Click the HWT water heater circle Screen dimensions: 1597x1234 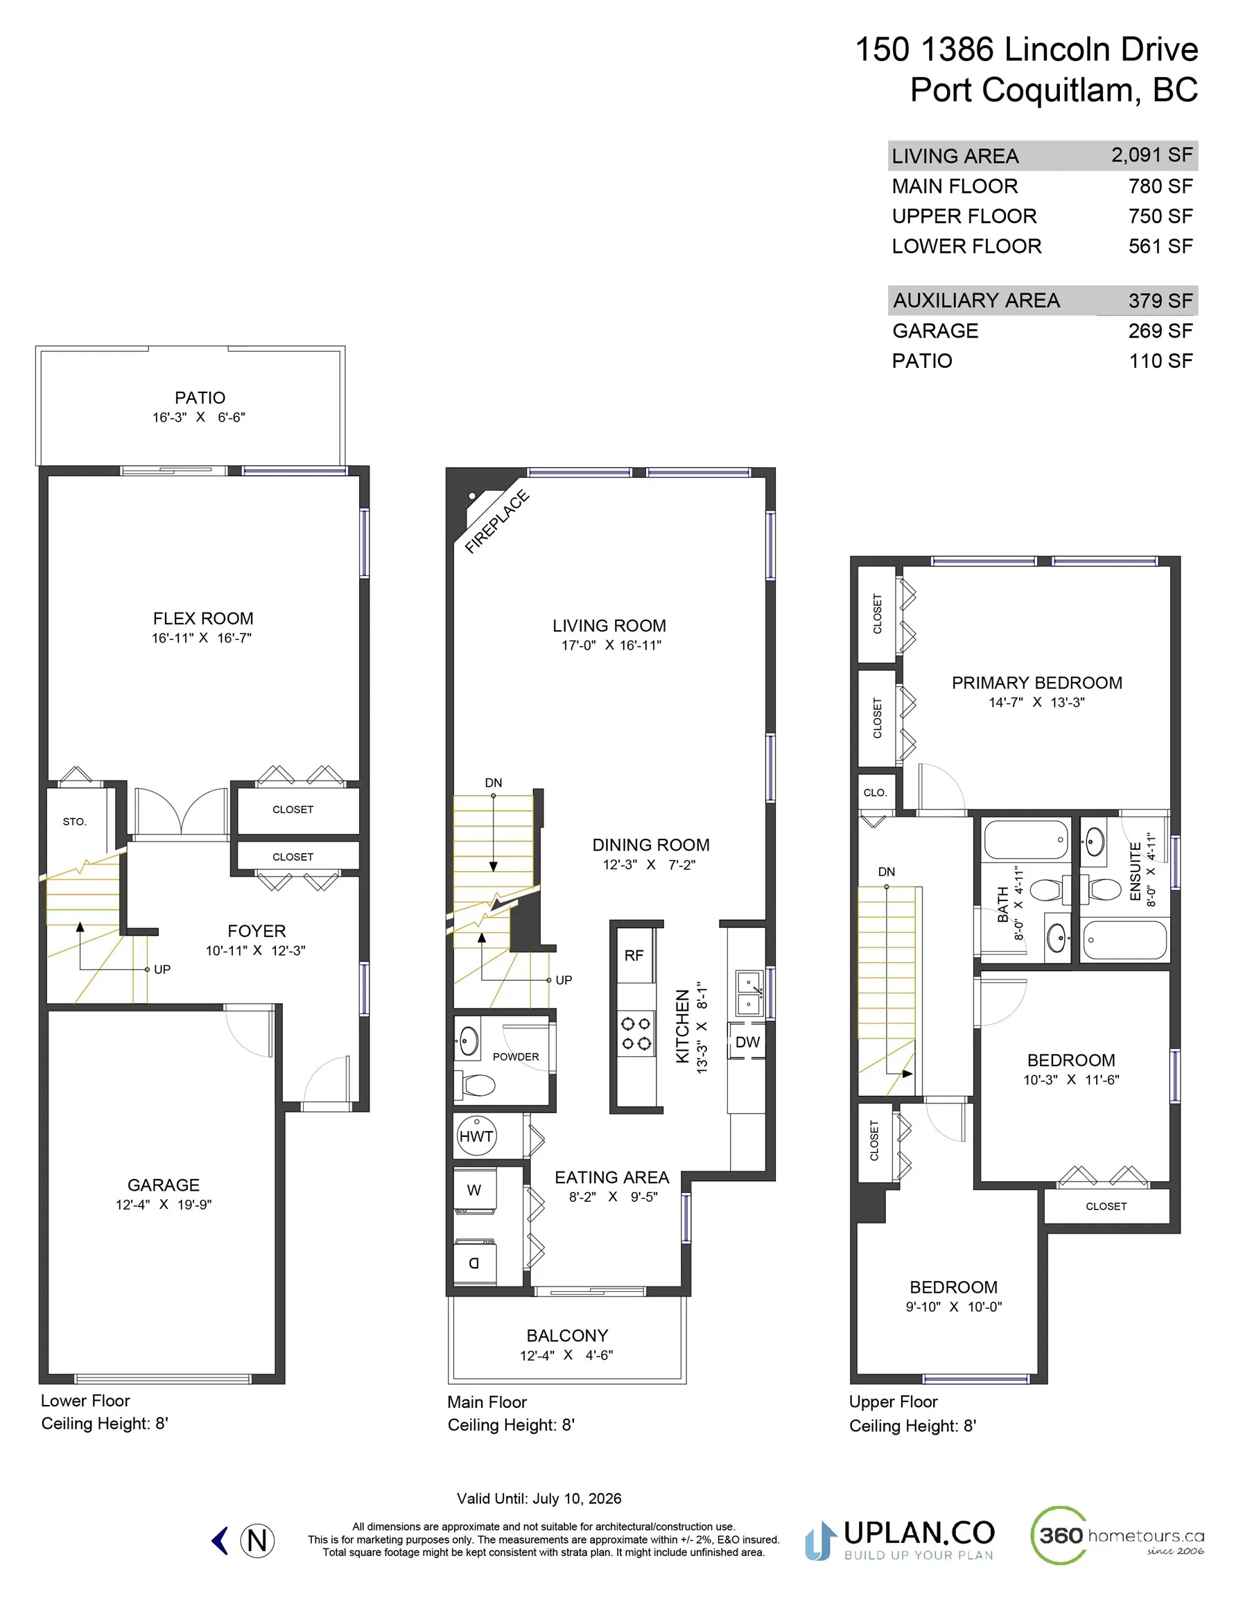(x=476, y=1135)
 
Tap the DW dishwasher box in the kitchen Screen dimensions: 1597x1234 (x=747, y=1042)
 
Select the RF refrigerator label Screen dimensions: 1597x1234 (x=634, y=956)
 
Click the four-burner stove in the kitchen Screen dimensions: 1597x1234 (x=636, y=1033)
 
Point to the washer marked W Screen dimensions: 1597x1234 (x=475, y=1190)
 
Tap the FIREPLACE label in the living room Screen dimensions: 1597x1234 (x=496, y=521)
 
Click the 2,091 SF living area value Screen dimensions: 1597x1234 (x=1152, y=155)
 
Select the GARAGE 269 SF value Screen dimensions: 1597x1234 (x=1159, y=331)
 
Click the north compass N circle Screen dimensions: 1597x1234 (x=257, y=1541)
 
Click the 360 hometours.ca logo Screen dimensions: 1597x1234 (x=1116, y=1535)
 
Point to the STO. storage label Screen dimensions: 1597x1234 (x=75, y=822)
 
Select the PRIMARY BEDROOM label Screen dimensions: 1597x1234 (x=1036, y=683)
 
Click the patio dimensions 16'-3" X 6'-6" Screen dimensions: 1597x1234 (x=199, y=417)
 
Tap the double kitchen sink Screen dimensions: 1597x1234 (x=748, y=994)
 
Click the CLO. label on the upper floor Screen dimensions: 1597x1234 (x=875, y=793)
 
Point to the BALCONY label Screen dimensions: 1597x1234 (x=567, y=1336)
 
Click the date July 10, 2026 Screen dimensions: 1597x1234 (x=576, y=1499)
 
